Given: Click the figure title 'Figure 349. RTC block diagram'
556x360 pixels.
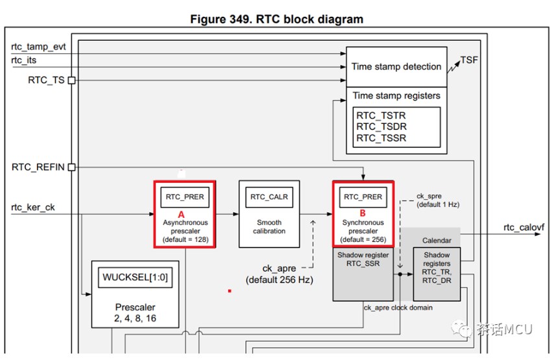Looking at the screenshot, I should tap(276, 19).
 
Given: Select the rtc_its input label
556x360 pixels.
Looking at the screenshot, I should tap(24, 61).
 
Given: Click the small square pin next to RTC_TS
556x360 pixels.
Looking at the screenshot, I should tap(71, 80).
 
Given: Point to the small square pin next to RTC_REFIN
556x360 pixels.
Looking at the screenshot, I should tap(71, 167).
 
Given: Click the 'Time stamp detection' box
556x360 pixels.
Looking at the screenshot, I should tap(396, 66).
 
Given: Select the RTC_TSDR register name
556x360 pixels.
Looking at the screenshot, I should tap(381, 126).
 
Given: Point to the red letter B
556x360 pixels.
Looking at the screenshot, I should tap(363, 213).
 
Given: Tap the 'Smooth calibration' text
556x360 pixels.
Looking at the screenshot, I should tap(269, 226).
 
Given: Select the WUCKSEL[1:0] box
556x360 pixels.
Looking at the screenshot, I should tap(135, 278).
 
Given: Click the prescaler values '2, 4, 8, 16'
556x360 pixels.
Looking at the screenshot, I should tap(135, 318).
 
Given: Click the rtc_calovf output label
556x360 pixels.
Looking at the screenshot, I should tap(524, 227).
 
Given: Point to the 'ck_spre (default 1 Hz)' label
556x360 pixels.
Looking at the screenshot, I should tap(437, 200).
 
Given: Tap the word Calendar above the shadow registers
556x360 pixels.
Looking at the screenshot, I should tap(437, 241).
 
